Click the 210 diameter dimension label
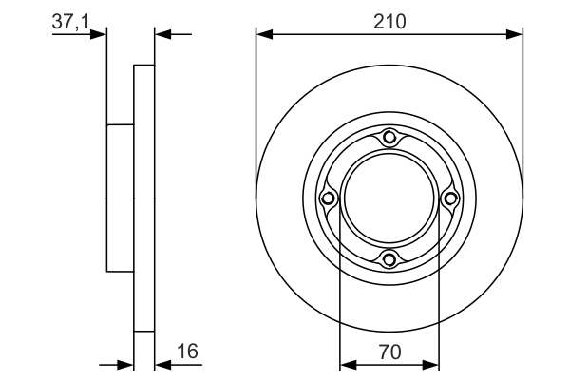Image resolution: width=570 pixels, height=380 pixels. tap(389, 22)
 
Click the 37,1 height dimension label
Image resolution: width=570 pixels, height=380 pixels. tap(70, 22)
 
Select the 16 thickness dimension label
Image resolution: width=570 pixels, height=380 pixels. tap(187, 351)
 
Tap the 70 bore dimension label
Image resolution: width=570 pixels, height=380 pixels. tap(390, 351)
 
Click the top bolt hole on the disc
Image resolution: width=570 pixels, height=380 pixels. tap(389, 138)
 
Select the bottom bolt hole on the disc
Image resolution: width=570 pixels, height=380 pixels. tap(389, 259)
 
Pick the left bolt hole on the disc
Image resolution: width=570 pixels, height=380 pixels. tap(329, 199)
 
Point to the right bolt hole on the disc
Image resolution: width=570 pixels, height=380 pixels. tap(450, 199)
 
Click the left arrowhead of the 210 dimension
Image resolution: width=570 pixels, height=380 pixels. tap(264, 34)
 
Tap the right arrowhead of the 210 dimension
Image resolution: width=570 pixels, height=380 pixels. tap(514, 34)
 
